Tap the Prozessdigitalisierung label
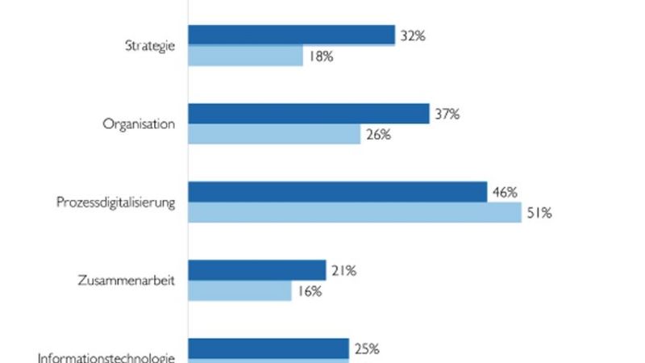[115, 202]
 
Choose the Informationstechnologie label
[106, 358]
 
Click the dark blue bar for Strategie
[291, 35]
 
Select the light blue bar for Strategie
[245, 56]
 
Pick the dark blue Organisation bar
[308, 114]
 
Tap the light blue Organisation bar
[274, 135]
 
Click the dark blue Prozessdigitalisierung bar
[337, 192]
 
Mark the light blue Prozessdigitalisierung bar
[355, 213]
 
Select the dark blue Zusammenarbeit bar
[256, 270]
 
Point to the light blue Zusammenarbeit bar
[239, 291]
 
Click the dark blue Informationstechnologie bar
[268, 348]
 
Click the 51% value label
[539, 214]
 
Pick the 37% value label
[446, 115]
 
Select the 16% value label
[309, 292]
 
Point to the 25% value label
[365, 349]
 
